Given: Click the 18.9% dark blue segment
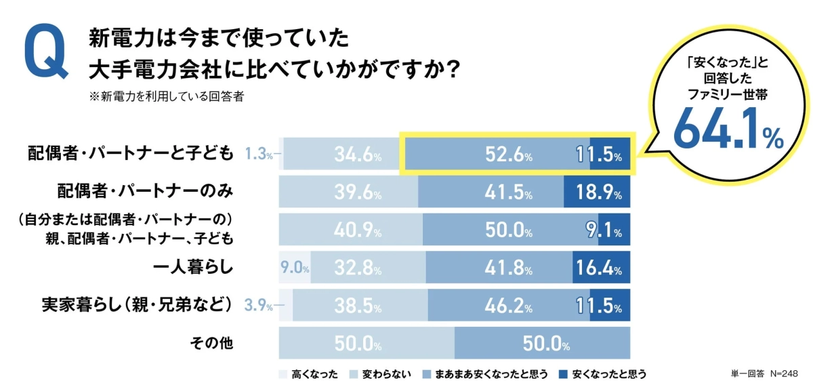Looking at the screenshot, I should coord(597,193).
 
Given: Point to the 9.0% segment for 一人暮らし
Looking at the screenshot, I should coord(295,268).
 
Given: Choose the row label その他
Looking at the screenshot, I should coord(211,343).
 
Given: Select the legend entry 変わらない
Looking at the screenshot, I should coord(379,374).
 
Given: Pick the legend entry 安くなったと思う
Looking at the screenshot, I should coord(602,374).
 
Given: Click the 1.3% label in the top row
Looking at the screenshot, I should coord(260,155).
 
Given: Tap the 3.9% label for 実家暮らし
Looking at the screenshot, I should coord(260,306).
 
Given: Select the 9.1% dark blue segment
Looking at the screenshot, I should coord(604,230).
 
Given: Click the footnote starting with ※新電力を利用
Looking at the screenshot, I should coord(166,96).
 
